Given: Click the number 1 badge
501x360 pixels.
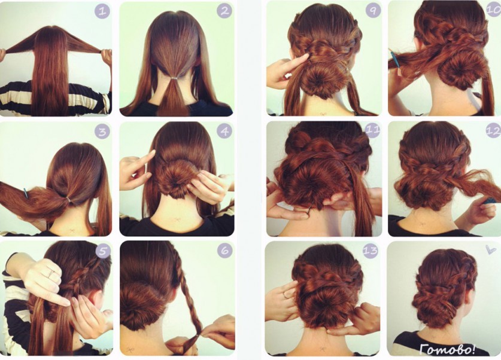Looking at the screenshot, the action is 102,12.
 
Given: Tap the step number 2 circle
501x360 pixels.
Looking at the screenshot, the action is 224,11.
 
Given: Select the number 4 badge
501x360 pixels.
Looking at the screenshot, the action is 224,131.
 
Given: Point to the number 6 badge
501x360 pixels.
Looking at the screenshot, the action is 224,251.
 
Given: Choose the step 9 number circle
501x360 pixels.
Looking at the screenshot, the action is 373,11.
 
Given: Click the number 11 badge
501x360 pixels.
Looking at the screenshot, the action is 372,130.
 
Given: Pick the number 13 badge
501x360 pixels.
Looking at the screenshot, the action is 370,251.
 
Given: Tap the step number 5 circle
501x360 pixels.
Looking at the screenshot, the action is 102,252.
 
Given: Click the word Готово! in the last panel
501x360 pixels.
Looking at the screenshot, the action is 447,349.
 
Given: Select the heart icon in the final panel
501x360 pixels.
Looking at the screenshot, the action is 490,249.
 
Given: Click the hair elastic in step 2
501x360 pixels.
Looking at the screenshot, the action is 174,78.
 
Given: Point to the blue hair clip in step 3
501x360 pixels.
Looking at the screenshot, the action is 26,193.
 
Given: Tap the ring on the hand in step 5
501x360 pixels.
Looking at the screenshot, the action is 51,272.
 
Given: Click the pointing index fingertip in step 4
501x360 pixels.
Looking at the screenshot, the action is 153,152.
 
